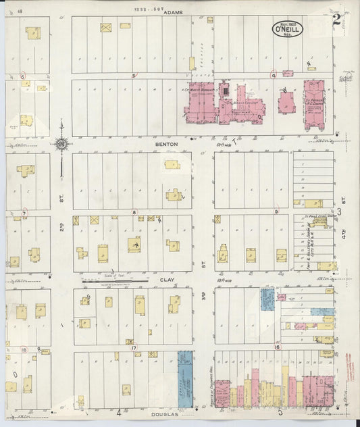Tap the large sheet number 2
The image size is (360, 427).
pyautogui.click(x=336, y=20)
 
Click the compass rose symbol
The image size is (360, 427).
pyautogui.click(x=61, y=144)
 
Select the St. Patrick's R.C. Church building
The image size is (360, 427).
pyautogui.click(x=314, y=105)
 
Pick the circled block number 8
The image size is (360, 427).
pyautogui.click(x=134, y=212)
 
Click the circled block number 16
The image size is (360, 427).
pyautogui.click(x=276, y=347)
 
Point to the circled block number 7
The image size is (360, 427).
pyautogui.click(x=24, y=214)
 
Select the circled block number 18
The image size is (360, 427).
pyautogui.click(x=24, y=349)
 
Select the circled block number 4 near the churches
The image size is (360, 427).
pyautogui.click(x=274, y=76)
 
